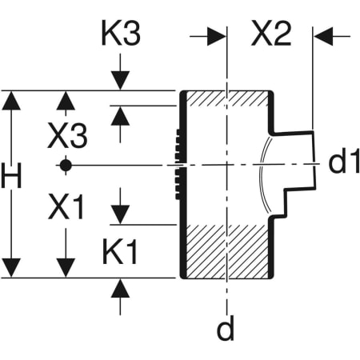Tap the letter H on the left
(x=11, y=178)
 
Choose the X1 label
(x=66, y=209)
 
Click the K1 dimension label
(x=120, y=254)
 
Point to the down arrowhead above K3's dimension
(x=120, y=82)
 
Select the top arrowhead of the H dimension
(x=11, y=100)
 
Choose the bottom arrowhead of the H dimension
(x=11, y=269)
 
